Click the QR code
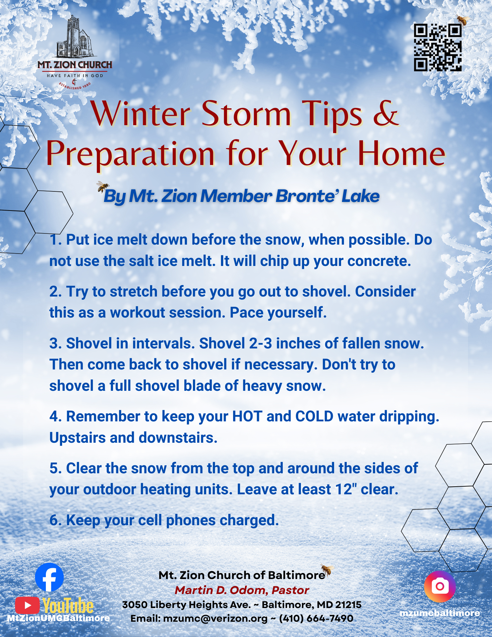pyautogui.click(x=438, y=47)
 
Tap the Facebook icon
pyautogui.click(x=49, y=577)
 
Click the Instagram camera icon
pyautogui.click(x=440, y=586)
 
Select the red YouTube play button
pyautogui.click(x=27, y=605)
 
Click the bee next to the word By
pyautogui.click(x=103, y=187)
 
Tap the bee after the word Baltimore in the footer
pyautogui.click(x=327, y=569)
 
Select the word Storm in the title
pyautogui.click(x=246, y=114)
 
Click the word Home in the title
pyautogui.click(x=402, y=154)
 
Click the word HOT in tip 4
pyautogui.click(x=247, y=416)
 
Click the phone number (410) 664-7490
pyautogui.click(x=316, y=619)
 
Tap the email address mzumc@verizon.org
pyautogui.click(x=215, y=619)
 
